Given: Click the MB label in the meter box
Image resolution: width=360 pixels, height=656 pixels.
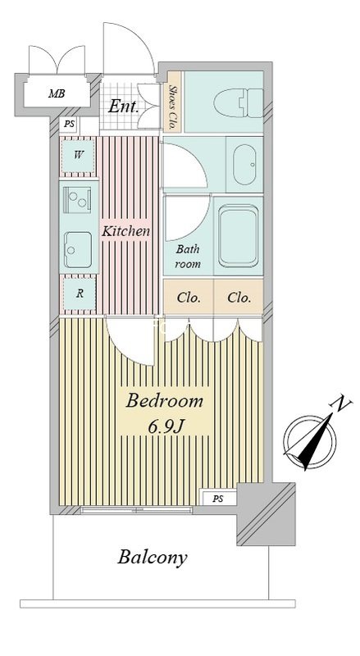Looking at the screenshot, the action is pyautogui.click(x=57, y=93).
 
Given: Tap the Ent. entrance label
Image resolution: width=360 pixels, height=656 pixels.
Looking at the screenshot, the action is pyautogui.click(x=123, y=107).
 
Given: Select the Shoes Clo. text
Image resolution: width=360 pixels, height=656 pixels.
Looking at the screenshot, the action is pyautogui.click(x=172, y=102).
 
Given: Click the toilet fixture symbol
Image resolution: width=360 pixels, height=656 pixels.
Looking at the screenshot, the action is pyautogui.click(x=238, y=103).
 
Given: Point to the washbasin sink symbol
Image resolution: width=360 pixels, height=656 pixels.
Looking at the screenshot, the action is pyautogui.click(x=244, y=165).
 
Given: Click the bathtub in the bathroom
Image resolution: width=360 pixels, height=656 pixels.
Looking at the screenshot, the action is pyautogui.click(x=238, y=235).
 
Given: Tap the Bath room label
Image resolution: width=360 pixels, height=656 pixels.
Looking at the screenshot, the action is pyautogui.click(x=188, y=257).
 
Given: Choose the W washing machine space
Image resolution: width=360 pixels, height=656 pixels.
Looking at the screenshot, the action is pyautogui.click(x=78, y=156).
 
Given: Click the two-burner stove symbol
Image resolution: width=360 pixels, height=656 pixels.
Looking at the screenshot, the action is pyautogui.click(x=77, y=199).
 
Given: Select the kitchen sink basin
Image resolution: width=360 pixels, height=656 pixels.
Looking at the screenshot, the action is pyautogui.click(x=78, y=250).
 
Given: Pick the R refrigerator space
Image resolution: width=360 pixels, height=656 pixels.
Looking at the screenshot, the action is pyautogui.click(x=80, y=294).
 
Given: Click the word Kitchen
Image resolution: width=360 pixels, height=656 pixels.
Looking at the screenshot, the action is pyautogui.click(x=125, y=231).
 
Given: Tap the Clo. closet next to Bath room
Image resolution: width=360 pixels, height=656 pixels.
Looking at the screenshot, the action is pyautogui.click(x=189, y=298).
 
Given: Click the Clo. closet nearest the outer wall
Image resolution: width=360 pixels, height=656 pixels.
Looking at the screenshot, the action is pyautogui.click(x=239, y=298).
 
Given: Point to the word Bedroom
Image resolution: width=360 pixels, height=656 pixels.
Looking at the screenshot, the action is pyautogui.click(x=164, y=401).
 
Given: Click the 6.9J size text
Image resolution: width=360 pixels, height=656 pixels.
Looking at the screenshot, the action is pyautogui.click(x=166, y=426).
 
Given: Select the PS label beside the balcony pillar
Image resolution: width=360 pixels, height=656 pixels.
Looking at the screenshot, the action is pyautogui.click(x=217, y=499).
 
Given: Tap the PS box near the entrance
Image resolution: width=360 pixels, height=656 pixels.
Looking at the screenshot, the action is pyautogui.click(x=69, y=125).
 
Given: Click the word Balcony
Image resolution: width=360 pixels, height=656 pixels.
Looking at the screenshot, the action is pyautogui.click(x=153, y=558).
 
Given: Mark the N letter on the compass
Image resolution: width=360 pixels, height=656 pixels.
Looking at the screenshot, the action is pyautogui.click(x=341, y=403).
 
